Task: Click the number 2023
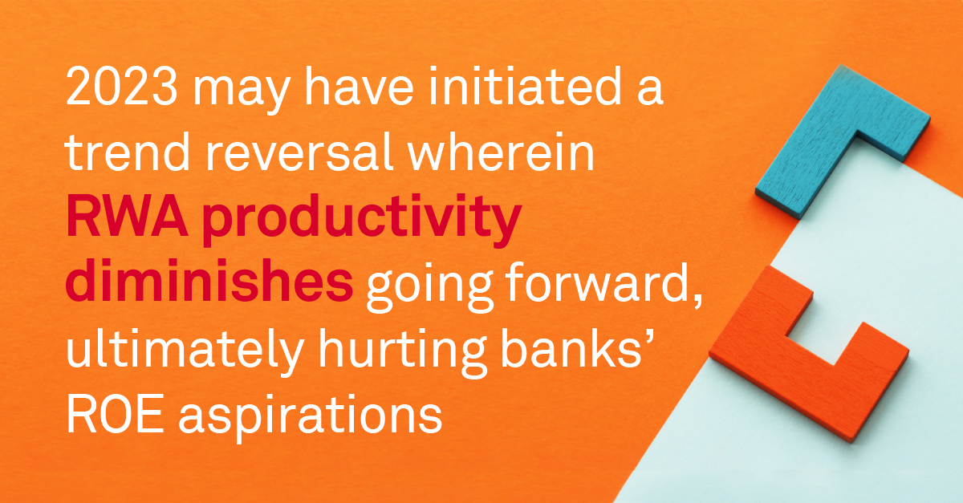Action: [122, 87]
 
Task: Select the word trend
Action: [127, 152]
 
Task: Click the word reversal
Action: [299, 152]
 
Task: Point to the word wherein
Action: [502, 152]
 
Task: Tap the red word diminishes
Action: [209, 281]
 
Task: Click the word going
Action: [429, 287]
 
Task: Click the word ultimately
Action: [185, 351]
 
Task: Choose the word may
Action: [242, 92]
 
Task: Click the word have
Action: [359, 87]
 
